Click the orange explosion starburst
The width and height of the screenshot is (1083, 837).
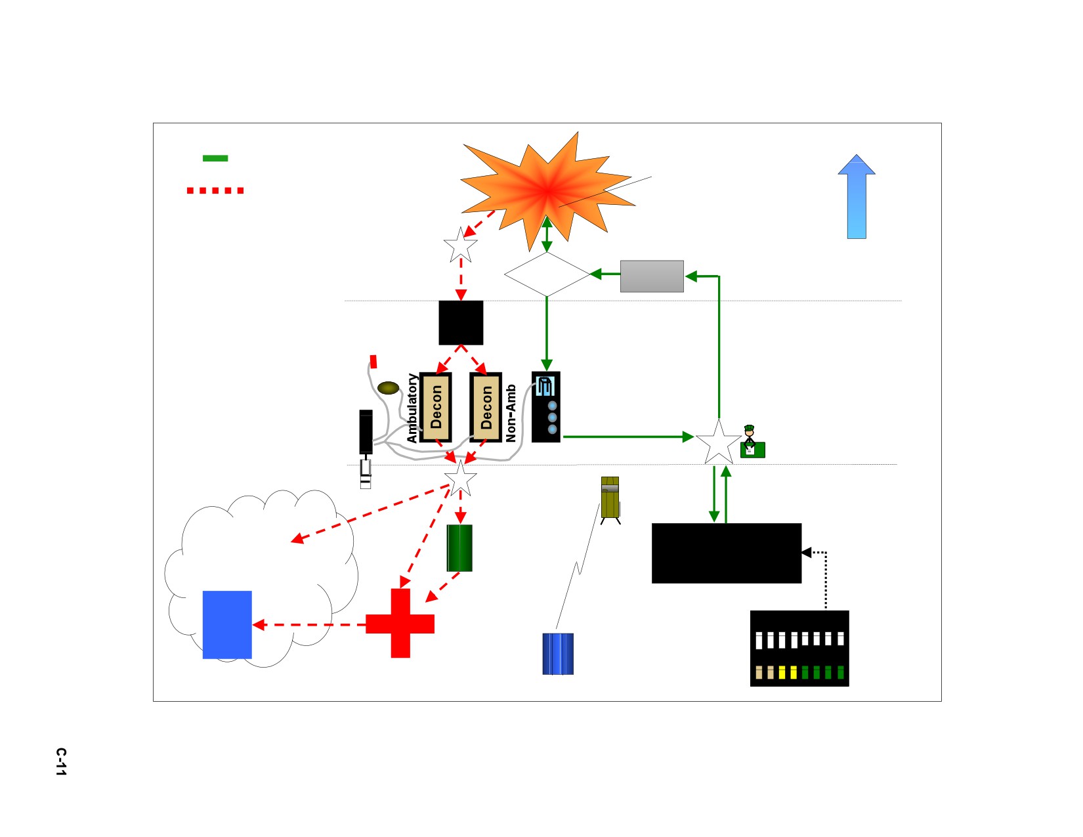tap(547, 190)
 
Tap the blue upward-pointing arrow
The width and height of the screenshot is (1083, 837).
tap(857, 196)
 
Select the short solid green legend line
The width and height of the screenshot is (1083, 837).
tap(215, 158)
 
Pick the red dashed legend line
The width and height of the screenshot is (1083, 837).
tap(215, 190)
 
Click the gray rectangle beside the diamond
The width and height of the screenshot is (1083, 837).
tap(652, 276)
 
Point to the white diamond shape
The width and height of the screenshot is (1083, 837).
tap(547, 274)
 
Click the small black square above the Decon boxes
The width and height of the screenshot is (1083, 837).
tap(461, 322)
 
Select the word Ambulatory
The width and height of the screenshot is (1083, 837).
tap(412, 408)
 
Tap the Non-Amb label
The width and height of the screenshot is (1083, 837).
tap(511, 413)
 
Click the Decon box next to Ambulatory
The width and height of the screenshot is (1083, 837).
tap(436, 407)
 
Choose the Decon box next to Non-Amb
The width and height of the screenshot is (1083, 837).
tap(486, 407)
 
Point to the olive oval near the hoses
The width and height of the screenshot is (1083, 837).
tap(389, 387)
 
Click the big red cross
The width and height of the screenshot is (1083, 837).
tap(400, 623)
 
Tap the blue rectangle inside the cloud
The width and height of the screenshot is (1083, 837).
tap(227, 625)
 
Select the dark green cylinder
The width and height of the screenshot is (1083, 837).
tap(459, 548)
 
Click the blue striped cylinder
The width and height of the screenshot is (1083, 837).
tap(558, 654)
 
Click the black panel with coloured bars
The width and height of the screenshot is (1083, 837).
tap(799, 649)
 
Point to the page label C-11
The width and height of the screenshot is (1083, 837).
tap(61, 762)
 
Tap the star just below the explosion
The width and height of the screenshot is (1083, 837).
tap(461, 245)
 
